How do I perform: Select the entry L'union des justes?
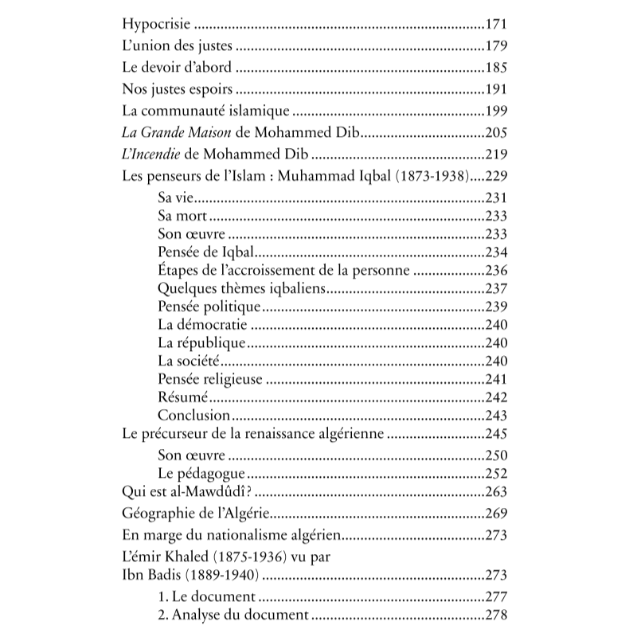[x=177, y=47]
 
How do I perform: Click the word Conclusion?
[x=193, y=416]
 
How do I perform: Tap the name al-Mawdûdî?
[x=226, y=492]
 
